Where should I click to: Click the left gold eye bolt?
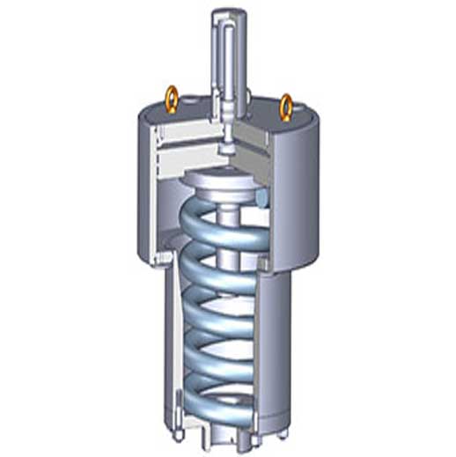point(171,99)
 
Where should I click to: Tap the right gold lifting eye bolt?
point(286,106)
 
